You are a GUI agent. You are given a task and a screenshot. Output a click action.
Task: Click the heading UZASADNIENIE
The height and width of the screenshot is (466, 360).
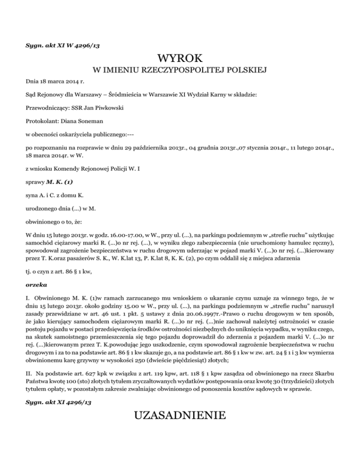(180, 415)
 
